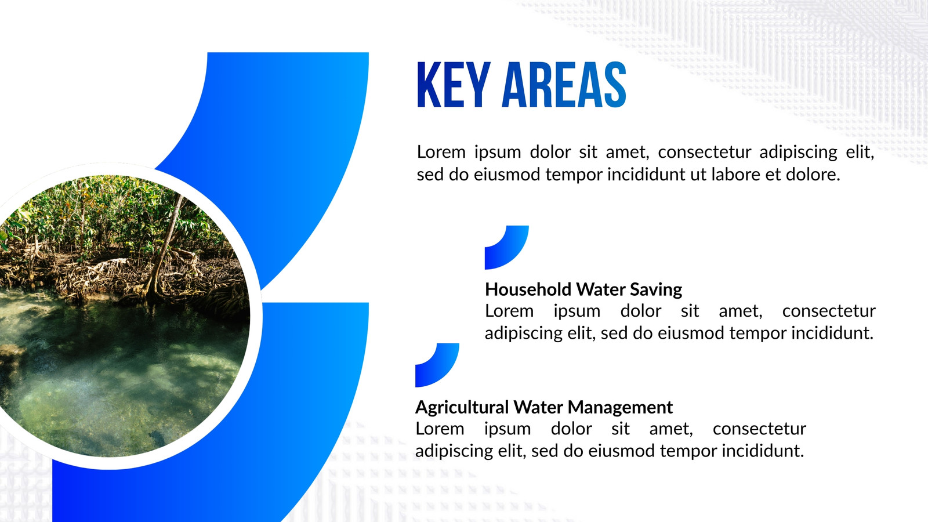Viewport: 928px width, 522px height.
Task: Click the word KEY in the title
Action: pos(454,85)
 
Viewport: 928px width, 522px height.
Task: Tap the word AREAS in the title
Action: pos(564,85)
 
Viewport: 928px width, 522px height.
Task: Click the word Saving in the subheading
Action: pos(656,290)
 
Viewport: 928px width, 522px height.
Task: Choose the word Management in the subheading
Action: pos(620,408)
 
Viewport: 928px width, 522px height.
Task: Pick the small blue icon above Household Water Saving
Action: pos(507,247)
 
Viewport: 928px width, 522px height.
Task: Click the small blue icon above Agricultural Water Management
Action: pos(437,365)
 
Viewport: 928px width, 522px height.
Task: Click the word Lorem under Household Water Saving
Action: pos(509,311)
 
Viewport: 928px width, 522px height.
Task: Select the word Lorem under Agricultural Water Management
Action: pos(440,429)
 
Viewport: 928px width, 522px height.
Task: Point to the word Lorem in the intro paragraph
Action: pos(441,152)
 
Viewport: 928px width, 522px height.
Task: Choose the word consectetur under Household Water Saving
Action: pos(829,311)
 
